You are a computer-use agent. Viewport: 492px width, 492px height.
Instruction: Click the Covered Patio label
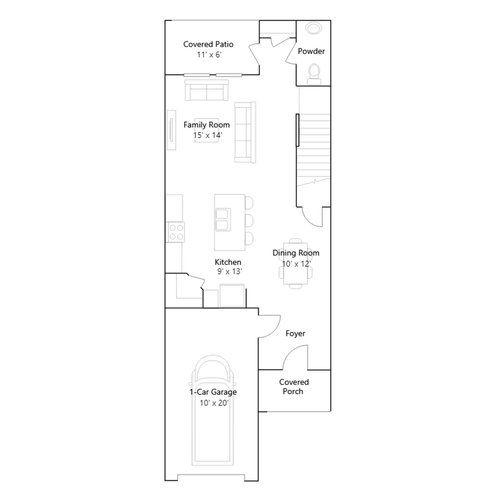pos(208,44)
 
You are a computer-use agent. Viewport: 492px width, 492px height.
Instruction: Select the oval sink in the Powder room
pos(314,28)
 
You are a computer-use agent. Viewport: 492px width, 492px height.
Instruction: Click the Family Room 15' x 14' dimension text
pos(208,135)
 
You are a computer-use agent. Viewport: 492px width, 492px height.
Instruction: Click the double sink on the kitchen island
pos(223,220)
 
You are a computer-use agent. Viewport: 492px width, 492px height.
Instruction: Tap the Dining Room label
pos(296,253)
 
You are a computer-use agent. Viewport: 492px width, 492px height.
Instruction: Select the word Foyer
pos(295,333)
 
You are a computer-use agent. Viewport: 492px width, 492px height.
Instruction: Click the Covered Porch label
pos(294,387)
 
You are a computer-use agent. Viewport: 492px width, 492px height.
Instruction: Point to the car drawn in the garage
pos(213,411)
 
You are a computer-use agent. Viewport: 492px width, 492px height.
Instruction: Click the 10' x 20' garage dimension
pos(214,403)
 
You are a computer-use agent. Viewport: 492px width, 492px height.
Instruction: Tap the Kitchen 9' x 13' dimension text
pos(229,272)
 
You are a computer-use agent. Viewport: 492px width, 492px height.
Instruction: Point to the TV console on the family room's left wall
pos(171,130)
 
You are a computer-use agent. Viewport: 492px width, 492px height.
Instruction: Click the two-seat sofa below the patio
pos(207,90)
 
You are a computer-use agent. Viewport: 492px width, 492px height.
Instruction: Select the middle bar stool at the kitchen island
pos(249,220)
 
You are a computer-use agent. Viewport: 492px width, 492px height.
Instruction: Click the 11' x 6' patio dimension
pos(209,55)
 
